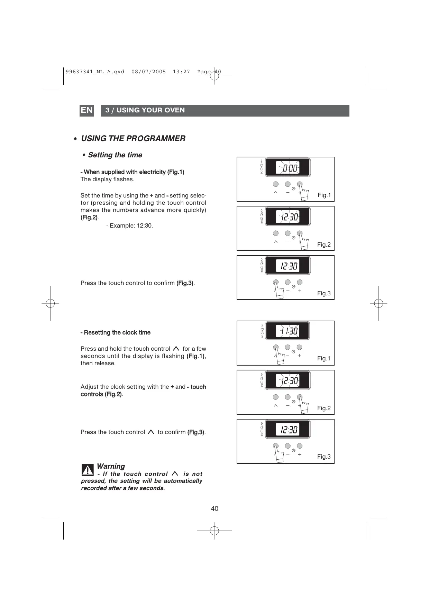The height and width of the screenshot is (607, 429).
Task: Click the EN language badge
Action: click(x=86, y=110)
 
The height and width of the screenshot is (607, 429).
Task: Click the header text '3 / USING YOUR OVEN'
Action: click(x=145, y=110)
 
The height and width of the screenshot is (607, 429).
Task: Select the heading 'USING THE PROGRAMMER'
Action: click(x=133, y=139)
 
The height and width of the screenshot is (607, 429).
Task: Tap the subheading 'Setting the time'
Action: click(x=115, y=155)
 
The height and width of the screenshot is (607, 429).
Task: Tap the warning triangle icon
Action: click(x=88, y=470)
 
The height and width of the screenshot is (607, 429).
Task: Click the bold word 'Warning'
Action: click(x=111, y=466)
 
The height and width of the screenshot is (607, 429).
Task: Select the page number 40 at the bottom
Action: click(x=214, y=508)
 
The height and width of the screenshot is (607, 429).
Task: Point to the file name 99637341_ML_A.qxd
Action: click(x=95, y=72)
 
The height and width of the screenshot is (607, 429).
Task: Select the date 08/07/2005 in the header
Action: click(x=148, y=72)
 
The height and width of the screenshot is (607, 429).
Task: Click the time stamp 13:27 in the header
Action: click(x=181, y=72)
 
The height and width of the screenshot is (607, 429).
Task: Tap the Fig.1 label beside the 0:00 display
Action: click(x=324, y=195)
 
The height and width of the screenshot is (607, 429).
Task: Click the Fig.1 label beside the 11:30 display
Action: click(x=324, y=359)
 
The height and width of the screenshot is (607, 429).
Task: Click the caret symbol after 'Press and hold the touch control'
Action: click(x=176, y=349)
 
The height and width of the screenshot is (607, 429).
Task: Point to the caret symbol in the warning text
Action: click(x=175, y=473)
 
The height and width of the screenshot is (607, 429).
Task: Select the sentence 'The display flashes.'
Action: click(x=107, y=180)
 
